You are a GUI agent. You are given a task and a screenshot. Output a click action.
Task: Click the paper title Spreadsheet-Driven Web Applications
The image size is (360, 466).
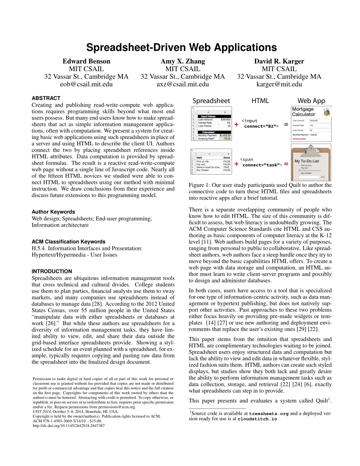182,47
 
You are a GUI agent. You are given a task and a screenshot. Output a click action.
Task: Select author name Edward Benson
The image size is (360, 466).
86,61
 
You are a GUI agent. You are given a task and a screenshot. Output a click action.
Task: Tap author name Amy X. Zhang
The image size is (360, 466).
183,61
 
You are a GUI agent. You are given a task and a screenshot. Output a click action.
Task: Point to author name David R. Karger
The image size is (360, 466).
279,61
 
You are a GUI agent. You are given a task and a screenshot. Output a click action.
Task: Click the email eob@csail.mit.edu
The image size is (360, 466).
86,84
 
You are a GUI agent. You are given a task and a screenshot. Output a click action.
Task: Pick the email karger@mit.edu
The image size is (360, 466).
279,84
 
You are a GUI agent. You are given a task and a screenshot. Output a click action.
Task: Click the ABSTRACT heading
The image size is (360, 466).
46,98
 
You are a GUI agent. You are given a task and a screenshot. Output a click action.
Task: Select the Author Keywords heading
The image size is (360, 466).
53,212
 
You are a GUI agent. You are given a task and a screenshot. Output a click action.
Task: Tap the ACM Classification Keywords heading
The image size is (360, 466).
69,241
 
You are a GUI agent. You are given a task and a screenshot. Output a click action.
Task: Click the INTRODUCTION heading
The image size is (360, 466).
52,271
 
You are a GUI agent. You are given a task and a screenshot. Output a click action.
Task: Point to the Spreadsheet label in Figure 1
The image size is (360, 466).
211,101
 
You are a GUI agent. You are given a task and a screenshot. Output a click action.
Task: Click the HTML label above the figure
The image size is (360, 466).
260,101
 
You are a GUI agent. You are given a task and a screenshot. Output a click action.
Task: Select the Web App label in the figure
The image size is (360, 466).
311,101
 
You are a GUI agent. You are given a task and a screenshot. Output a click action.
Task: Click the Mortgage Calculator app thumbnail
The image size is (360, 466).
311,123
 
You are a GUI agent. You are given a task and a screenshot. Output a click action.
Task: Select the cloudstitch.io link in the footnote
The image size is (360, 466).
257,419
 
